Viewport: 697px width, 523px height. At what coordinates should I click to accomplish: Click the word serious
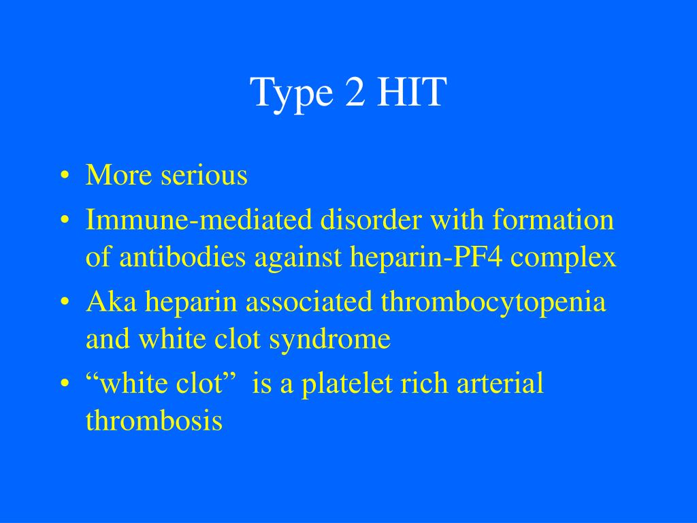point(204,176)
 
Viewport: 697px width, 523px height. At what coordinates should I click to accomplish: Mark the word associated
point(308,302)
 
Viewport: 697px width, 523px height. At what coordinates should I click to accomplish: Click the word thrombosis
point(154,420)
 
